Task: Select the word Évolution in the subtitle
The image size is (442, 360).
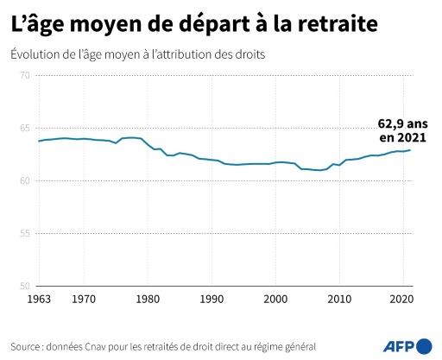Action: pyautogui.click(x=35, y=54)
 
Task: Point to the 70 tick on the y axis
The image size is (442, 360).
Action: pyautogui.click(x=24, y=77)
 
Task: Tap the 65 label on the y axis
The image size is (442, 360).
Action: pyautogui.click(x=24, y=129)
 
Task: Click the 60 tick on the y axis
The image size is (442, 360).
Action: pyautogui.click(x=24, y=181)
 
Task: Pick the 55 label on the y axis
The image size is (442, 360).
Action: pyautogui.click(x=24, y=234)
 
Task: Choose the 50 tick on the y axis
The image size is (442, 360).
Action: pyautogui.click(x=24, y=287)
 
